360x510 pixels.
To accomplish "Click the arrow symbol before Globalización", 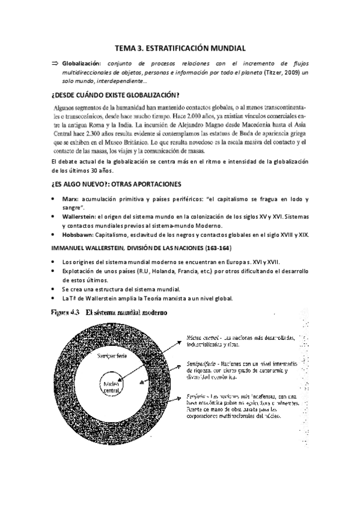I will [55, 63].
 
